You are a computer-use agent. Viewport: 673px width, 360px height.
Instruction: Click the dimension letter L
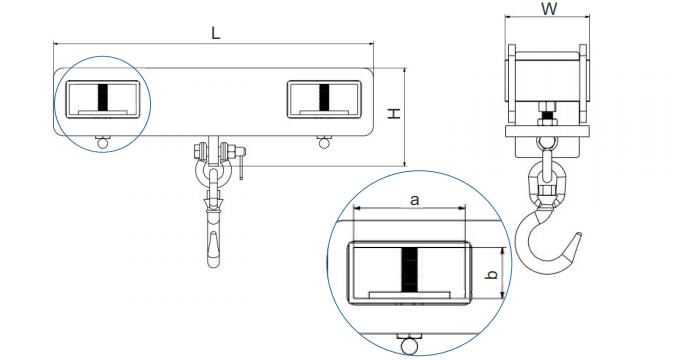click(x=215, y=33)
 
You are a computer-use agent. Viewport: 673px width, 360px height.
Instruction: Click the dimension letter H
click(x=394, y=113)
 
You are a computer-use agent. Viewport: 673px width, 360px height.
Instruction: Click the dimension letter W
click(x=549, y=9)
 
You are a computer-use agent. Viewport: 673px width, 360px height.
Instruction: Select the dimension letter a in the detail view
click(x=414, y=200)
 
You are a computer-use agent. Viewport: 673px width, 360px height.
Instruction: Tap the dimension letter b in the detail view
click(x=493, y=273)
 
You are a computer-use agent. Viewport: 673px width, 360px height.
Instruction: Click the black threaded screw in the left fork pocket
click(x=103, y=97)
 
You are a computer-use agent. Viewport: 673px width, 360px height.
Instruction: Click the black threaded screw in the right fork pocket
click(x=324, y=97)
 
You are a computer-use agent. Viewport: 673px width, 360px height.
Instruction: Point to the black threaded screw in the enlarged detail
click(x=410, y=270)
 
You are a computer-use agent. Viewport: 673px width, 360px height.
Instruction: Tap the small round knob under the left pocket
click(x=103, y=142)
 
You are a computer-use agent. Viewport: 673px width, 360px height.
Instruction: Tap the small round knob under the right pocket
click(x=324, y=142)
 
